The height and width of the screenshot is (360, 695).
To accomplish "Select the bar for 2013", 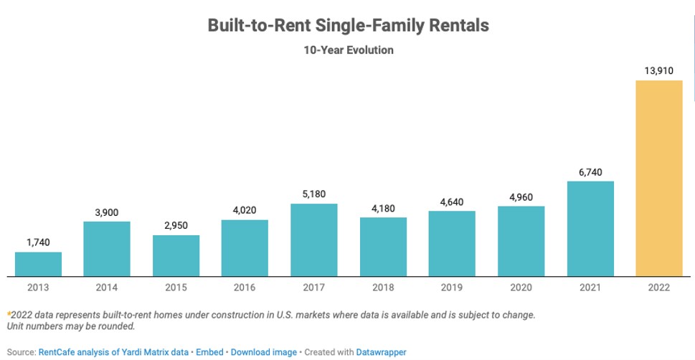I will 38,264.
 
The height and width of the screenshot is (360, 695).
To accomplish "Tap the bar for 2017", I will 313,240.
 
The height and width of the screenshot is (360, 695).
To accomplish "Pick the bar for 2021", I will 590,228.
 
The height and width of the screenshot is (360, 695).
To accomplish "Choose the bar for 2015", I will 176,255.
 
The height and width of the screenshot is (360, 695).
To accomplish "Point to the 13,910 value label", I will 658,70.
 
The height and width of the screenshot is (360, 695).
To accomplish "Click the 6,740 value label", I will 590,171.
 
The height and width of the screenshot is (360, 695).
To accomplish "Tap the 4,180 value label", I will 383,208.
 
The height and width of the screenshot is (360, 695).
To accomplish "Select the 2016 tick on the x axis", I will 245,288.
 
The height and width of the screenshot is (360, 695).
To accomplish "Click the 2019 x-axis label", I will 452,288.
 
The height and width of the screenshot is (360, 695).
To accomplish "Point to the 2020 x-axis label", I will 521,288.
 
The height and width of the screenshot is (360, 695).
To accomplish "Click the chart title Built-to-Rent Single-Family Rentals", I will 348,25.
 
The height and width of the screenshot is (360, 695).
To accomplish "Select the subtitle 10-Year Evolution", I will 348,50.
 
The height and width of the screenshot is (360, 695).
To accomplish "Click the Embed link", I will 209,352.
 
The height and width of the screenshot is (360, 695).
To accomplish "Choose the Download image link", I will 263,352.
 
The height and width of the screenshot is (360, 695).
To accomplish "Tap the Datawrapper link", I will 381,352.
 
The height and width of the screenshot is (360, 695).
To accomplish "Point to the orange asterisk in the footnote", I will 9,314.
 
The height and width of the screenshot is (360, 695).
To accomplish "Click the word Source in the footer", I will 18,352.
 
